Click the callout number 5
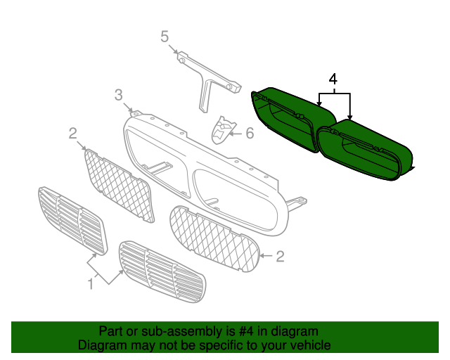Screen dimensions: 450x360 coord(165,37)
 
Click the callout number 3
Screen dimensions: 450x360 coord(119,95)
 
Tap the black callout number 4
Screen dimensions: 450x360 coord(333,79)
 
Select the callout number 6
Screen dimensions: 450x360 coord(250,133)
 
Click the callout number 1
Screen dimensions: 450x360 coord(91,284)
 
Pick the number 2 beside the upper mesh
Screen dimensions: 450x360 coord(73,134)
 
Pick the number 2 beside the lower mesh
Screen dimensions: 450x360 coord(280,256)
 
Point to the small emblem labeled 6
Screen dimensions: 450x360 coord(224,130)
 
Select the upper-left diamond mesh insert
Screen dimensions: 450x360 coord(119,185)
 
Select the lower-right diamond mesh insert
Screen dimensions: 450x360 coord(214,239)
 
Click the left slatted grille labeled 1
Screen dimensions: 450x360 coord(72,220)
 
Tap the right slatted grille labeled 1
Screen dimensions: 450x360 coord(162,271)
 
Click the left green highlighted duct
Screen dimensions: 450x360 coord(292,120)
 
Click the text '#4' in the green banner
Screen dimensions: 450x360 coord(247,331)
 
